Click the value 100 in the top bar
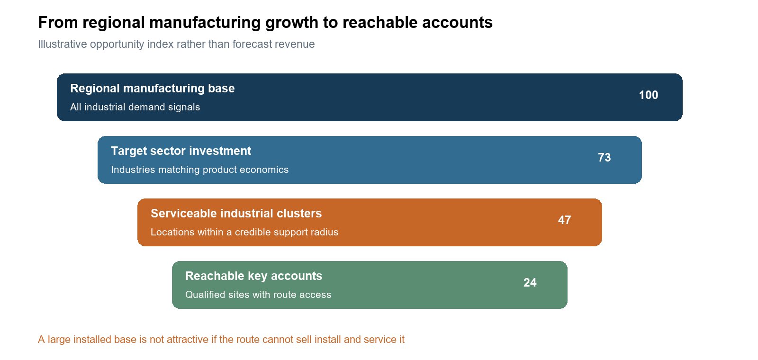click(649, 95)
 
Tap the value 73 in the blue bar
click(605, 158)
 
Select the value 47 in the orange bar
click(564, 220)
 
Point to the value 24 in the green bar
click(530, 283)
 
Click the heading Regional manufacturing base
click(152, 88)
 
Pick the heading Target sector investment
click(181, 151)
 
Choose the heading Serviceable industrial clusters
click(236, 214)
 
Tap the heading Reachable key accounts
click(254, 276)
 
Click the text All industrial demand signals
click(135, 107)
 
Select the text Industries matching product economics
click(199, 170)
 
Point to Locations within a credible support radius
click(244, 232)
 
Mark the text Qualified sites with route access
click(258, 295)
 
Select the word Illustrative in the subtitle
click(62, 44)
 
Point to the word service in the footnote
click(380, 339)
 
